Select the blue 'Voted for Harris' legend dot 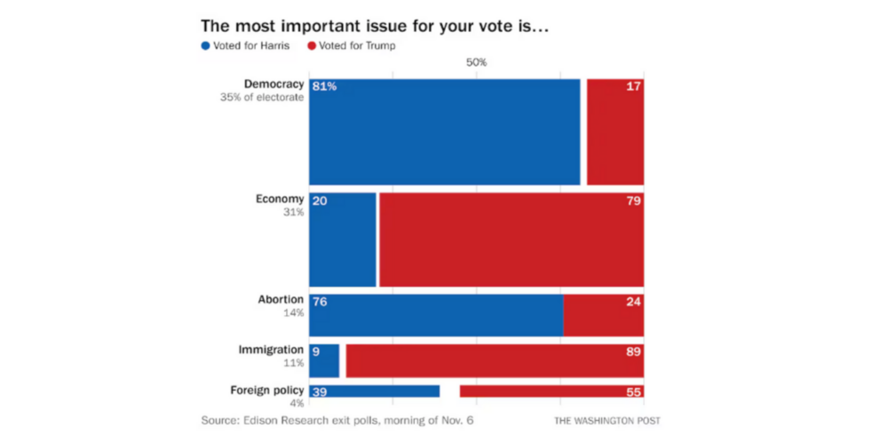point(207,45)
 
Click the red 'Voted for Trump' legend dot point(312,45)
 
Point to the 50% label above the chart point(476,63)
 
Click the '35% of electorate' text point(262,98)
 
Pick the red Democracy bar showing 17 point(614,131)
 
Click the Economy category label point(280,200)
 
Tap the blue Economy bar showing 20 point(343,240)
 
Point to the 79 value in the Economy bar point(631,202)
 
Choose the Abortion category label point(281,299)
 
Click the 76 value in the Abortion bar point(321,301)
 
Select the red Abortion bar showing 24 point(604,314)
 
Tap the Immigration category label point(271,350)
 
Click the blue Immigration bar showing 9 point(324,361)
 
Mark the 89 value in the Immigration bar point(631,352)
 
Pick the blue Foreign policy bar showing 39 point(374,392)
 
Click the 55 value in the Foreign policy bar point(631,392)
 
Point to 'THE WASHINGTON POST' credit point(608,420)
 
